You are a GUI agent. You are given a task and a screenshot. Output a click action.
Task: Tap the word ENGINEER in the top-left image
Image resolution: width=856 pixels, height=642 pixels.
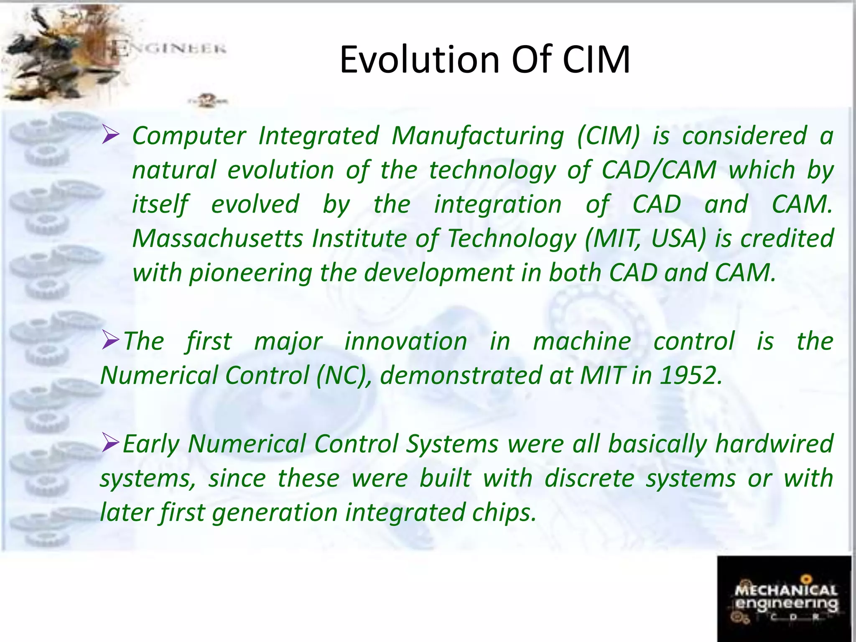(x=169, y=50)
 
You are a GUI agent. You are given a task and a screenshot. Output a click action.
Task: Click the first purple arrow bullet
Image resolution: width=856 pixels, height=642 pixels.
(x=111, y=135)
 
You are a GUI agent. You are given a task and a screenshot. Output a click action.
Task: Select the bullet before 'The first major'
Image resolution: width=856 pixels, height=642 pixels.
(x=111, y=341)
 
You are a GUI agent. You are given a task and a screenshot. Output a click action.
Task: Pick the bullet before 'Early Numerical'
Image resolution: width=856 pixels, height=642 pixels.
(x=111, y=443)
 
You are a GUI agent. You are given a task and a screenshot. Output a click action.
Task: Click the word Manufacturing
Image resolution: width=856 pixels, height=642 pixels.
(x=478, y=136)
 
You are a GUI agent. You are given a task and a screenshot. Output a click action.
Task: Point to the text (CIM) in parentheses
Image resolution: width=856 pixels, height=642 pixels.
(x=608, y=136)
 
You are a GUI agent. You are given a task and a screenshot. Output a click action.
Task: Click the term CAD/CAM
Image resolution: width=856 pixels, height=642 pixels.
(x=659, y=171)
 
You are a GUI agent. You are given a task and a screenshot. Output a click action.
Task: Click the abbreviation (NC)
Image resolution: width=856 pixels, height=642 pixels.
(x=343, y=375)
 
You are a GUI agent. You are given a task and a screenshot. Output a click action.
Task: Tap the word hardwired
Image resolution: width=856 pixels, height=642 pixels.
(x=774, y=444)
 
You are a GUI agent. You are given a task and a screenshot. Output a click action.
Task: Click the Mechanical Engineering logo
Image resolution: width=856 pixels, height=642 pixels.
(x=784, y=599)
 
